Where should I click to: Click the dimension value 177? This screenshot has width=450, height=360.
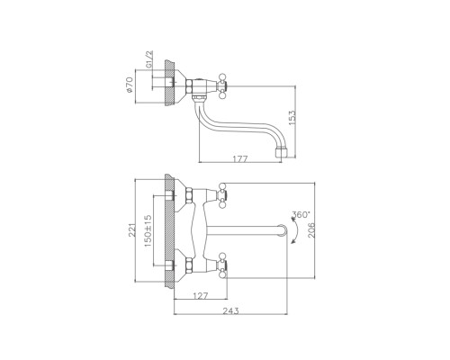(240, 158)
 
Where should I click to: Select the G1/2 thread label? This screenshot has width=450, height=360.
(149, 59)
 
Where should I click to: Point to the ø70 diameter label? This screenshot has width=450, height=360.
(130, 85)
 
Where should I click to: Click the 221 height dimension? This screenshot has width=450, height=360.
(132, 229)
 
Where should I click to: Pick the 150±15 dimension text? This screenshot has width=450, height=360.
(148, 230)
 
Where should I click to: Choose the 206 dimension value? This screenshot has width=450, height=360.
(312, 230)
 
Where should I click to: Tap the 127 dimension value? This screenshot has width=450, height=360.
(200, 296)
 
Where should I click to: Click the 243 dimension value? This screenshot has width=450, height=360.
(230, 310)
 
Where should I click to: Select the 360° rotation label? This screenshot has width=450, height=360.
(301, 214)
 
